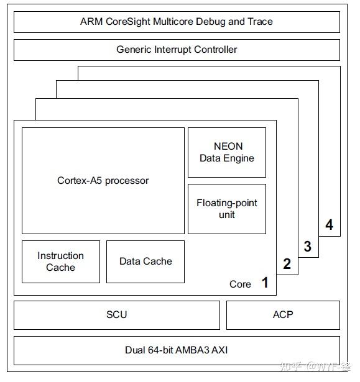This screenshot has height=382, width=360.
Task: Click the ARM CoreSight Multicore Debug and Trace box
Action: click(x=177, y=22)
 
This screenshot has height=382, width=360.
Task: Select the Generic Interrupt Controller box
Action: click(x=177, y=50)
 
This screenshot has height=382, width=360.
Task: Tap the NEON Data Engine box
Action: click(x=227, y=152)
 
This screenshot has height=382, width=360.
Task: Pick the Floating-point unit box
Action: click(x=227, y=209)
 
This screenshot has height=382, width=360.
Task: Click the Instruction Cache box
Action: click(x=60, y=261)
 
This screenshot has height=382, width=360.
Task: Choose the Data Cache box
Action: click(x=145, y=261)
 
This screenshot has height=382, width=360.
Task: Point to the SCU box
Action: click(x=116, y=315)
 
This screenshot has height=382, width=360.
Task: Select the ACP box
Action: click(x=283, y=315)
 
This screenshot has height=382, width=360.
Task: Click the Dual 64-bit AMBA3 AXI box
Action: click(x=177, y=350)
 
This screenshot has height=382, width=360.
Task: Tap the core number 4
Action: click(x=329, y=225)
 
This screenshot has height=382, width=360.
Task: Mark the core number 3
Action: click(x=307, y=247)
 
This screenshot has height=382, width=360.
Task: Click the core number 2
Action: click(x=287, y=264)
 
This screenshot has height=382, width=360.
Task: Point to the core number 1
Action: click(x=265, y=283)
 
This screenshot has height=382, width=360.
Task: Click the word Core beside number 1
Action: click(x=240, y=284)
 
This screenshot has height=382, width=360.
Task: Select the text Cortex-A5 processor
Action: click(x=103, y=181)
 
